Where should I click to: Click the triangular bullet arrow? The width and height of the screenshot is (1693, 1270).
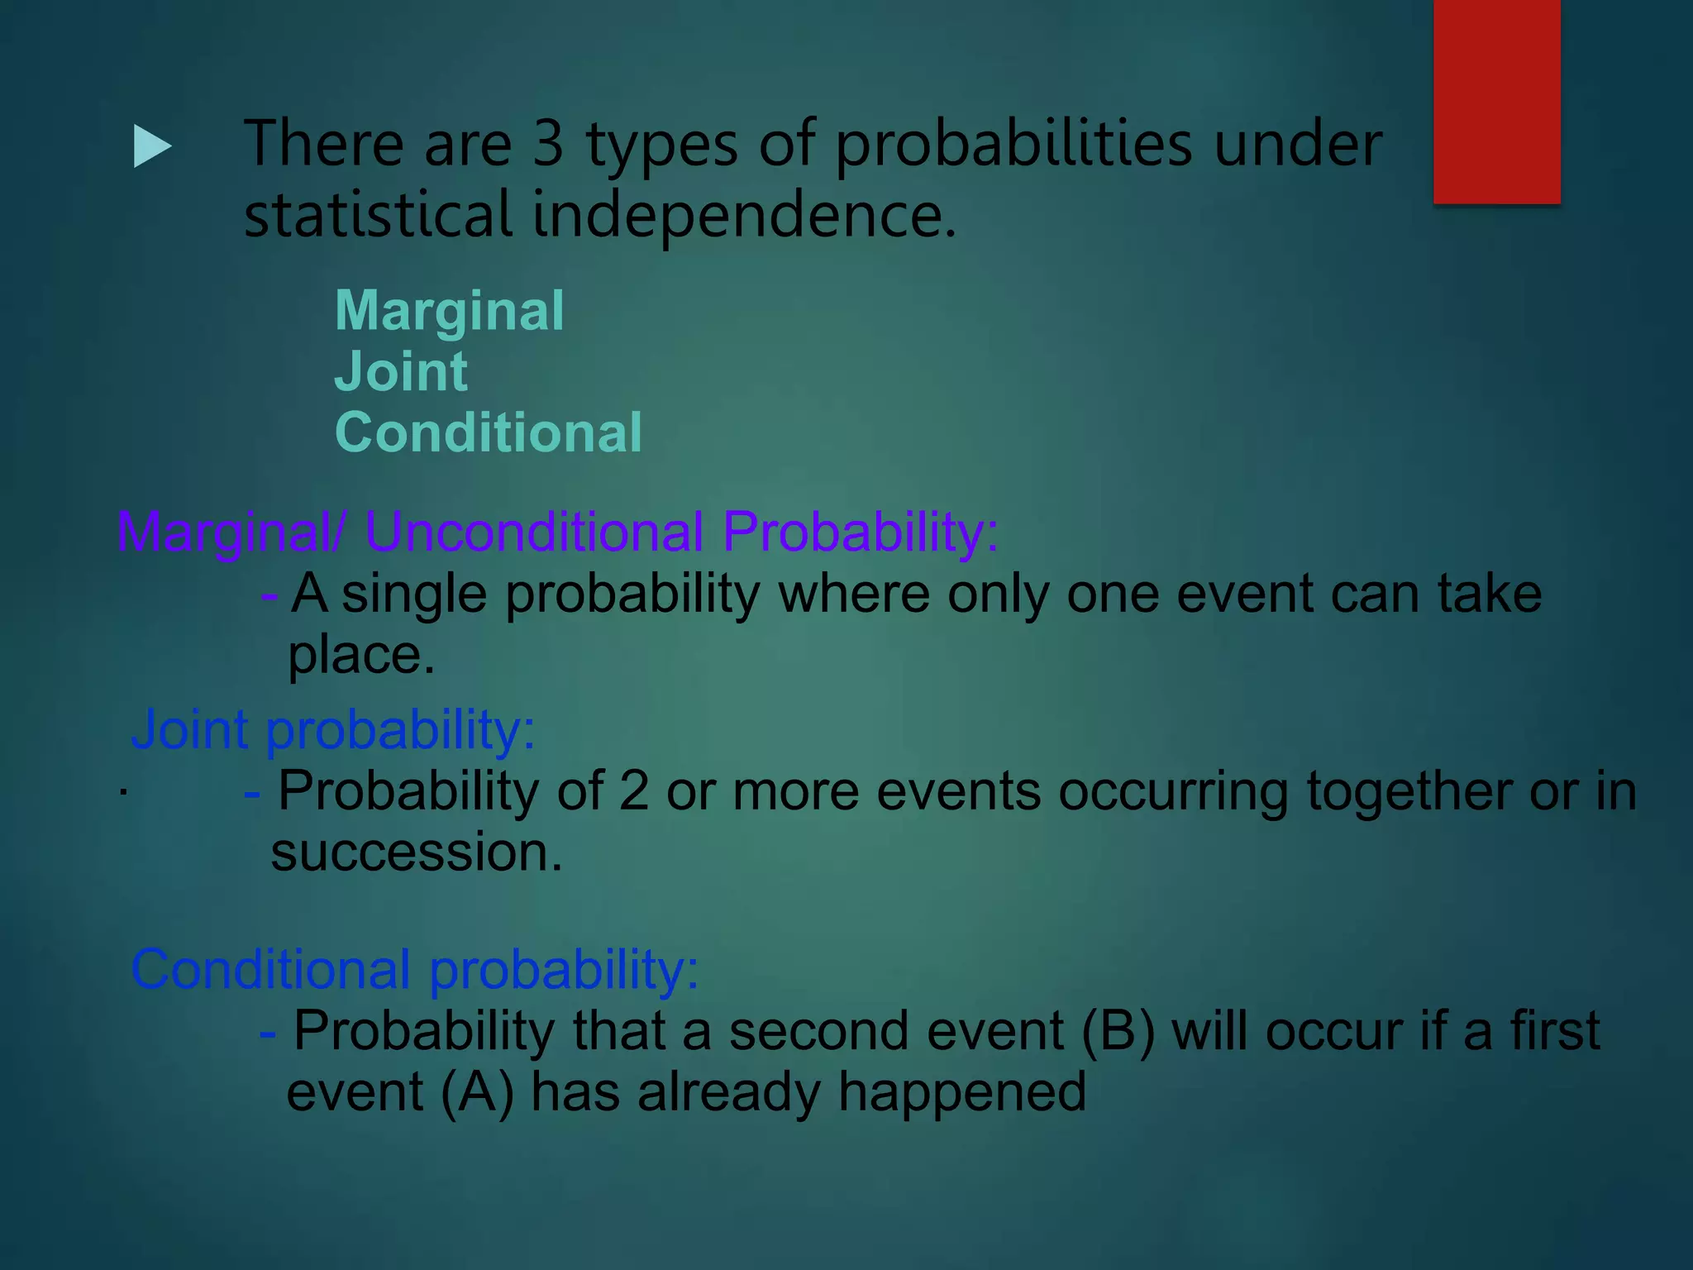(151, 147)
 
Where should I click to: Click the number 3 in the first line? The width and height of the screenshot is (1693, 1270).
(548, 144)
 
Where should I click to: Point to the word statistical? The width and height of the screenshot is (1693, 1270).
(378, 214)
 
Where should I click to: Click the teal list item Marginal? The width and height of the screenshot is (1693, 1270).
(449, 312)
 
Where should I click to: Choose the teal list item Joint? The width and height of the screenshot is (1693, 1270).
(401, 372)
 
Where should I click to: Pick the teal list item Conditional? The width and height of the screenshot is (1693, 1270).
(488, 432)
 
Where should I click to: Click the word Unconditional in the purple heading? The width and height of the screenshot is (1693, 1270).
(534, 532)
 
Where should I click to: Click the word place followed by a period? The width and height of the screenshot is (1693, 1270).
(360, 656)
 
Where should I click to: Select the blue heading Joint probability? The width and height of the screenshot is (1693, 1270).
(332, 730)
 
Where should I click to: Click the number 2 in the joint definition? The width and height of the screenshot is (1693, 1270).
(633, 791)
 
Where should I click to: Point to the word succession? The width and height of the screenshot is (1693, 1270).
(416, 852)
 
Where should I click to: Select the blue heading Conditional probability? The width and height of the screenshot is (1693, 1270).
(414, 969)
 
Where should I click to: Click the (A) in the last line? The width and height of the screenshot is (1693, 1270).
(477, 1092)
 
